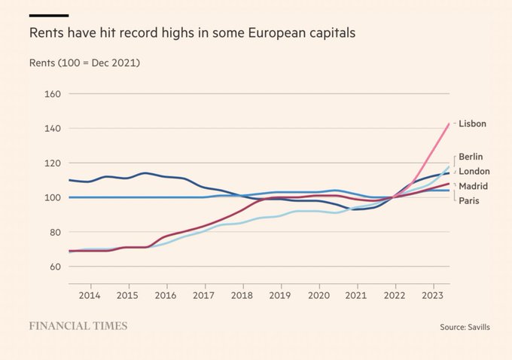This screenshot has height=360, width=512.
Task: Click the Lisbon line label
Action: point(472,124)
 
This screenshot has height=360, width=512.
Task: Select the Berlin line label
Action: point(471,157)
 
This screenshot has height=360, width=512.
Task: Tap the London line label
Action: point(474,171)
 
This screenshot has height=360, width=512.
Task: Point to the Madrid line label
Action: point(473,186)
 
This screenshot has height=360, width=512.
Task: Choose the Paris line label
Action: point(469,200)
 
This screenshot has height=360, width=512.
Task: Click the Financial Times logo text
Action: point(78,326)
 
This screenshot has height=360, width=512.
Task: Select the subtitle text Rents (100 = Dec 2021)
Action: point(85,62)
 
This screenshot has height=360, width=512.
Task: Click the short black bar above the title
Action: point(49,15)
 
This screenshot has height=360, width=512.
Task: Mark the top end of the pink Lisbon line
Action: point(449,124)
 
